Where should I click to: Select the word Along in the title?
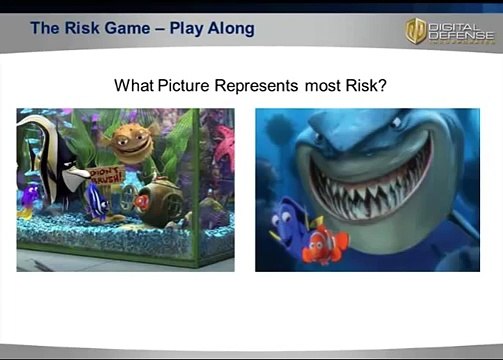click(232, 28)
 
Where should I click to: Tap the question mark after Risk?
click(382, 86)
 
